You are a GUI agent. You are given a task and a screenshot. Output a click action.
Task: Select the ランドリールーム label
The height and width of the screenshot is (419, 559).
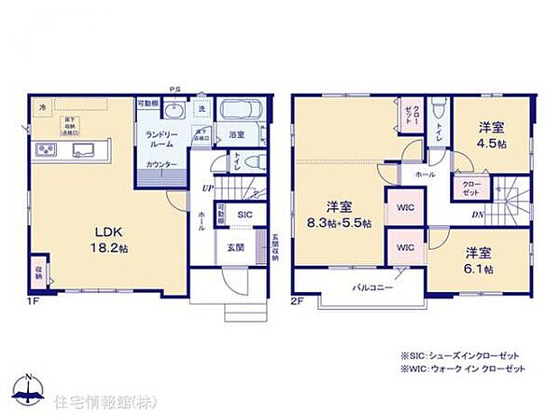pyautogui.click(x=161, y=139)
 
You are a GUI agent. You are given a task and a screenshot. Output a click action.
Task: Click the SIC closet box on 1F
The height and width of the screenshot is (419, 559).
pyautogui.click(x=244, y=214)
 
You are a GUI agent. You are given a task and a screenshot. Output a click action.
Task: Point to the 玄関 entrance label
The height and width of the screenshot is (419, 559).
pyautogui.click(x=233, y=246)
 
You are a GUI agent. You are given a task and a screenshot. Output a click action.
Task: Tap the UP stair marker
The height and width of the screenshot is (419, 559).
pyautogui.click(x=208, y=187)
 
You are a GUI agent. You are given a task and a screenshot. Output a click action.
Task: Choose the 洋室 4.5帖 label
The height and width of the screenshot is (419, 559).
pyautogui.click(x=492, y=135)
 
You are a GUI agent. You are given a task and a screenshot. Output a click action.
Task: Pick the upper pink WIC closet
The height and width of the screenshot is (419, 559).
pyautogui.click(x=403, y=209)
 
